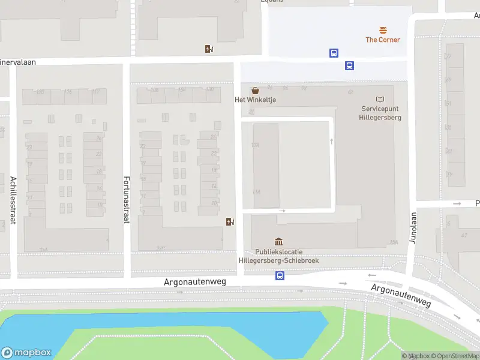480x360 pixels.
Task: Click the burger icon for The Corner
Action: click(x=383, y=29)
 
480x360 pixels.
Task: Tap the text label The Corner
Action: click(x=383, y=40)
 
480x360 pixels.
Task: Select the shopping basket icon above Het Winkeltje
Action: click(x=256, y=91)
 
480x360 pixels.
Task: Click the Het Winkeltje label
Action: click(x=255, y=100)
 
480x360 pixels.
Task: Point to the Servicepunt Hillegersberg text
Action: click(x=381, y=113)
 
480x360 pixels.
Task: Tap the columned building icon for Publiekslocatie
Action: click(x=278, y=241)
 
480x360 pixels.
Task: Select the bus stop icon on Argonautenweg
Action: click(x=280, y=276)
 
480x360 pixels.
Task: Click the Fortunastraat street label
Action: click(x=127, y=200)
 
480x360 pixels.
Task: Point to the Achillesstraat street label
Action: click(x=13, y=200)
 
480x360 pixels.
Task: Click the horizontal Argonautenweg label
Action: click(x=195, y=281)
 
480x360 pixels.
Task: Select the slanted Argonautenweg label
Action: click(x=401, y=296)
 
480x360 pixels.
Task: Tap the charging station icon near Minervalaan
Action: click(x=209, y=49)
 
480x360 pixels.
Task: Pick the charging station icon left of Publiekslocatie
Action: click(x=230, y=221)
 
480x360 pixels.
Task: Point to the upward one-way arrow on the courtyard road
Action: click(x=331, y=141)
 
